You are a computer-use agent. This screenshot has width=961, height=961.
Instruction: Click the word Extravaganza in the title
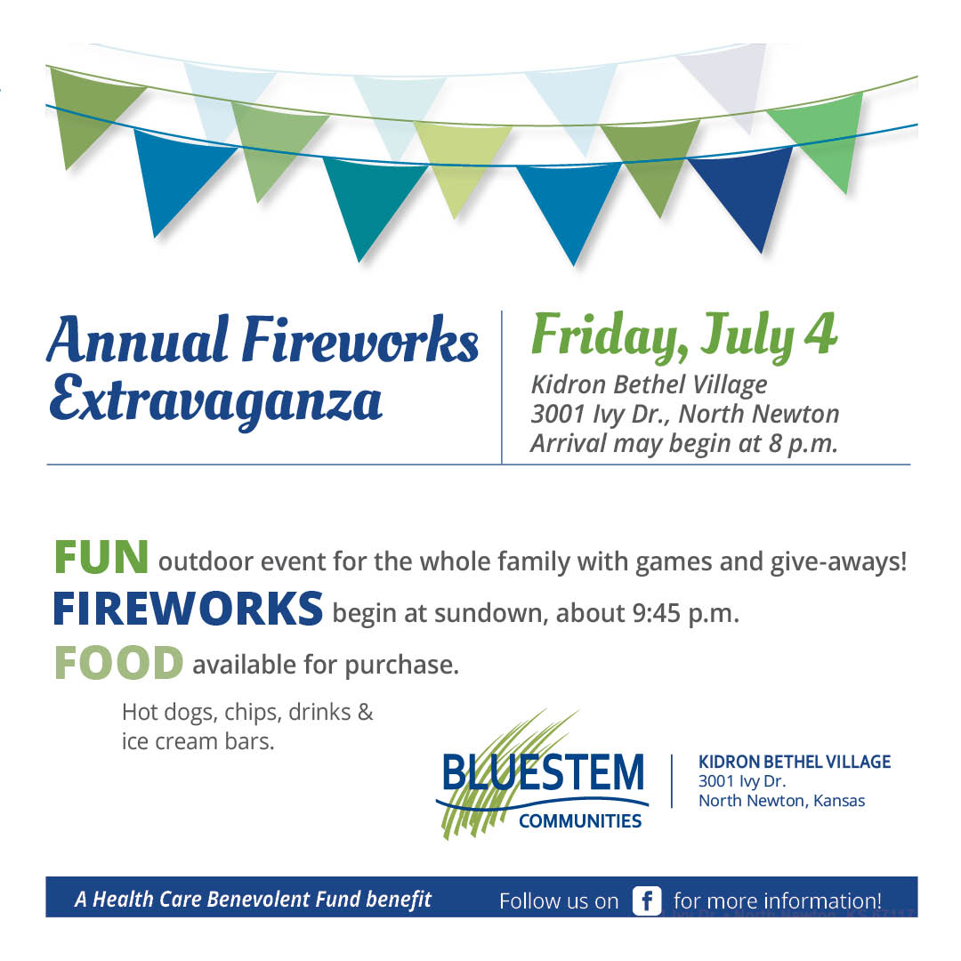tap(215, 400)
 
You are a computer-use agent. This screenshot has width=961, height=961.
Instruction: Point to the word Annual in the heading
tap(139, 340)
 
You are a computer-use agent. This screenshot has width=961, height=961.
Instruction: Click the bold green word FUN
tap(101, 558)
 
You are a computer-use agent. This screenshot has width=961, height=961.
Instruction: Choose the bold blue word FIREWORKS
tap(188, 609)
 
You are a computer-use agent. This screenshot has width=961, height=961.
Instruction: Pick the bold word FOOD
tap(118, 663)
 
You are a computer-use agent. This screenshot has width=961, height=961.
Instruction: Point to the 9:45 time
tap(657, 613)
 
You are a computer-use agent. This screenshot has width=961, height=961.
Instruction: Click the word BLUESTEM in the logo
tap(543, 772)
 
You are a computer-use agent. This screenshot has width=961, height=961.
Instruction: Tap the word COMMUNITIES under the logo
tap(580, 821)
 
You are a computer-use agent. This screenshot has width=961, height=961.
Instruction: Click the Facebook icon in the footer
tap(647, 900)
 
